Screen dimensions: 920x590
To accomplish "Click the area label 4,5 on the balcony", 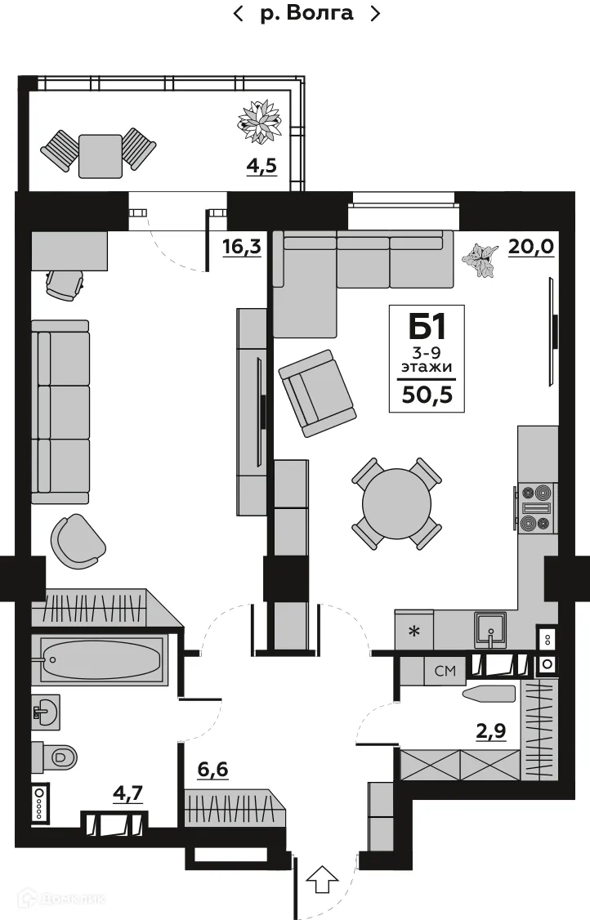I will click(262, 166).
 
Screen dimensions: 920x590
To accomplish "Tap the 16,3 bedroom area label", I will click(241, 247).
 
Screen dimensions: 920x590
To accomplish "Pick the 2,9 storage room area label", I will click(491, 731).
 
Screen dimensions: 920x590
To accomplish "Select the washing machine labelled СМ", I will click(445, 672).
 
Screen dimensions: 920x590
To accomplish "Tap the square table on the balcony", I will click(100, 155).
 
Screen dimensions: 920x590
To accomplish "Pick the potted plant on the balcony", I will click(261, 120).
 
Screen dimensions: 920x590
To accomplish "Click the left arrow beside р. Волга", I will click(239, 14).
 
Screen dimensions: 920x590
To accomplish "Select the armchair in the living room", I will click(316, 393).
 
